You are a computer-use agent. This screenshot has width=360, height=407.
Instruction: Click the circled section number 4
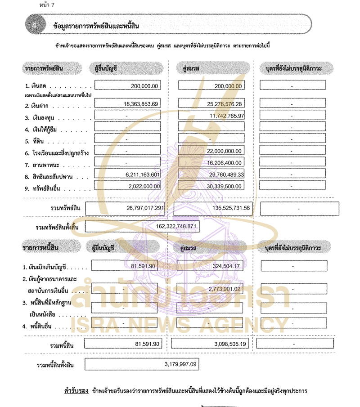tap(34, 26)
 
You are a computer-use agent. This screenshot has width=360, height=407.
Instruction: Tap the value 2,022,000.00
tap(142, 186)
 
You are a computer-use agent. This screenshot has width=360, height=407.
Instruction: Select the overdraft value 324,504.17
tap(227, 266)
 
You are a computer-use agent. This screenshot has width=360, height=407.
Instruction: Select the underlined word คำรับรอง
tap(76, 391)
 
